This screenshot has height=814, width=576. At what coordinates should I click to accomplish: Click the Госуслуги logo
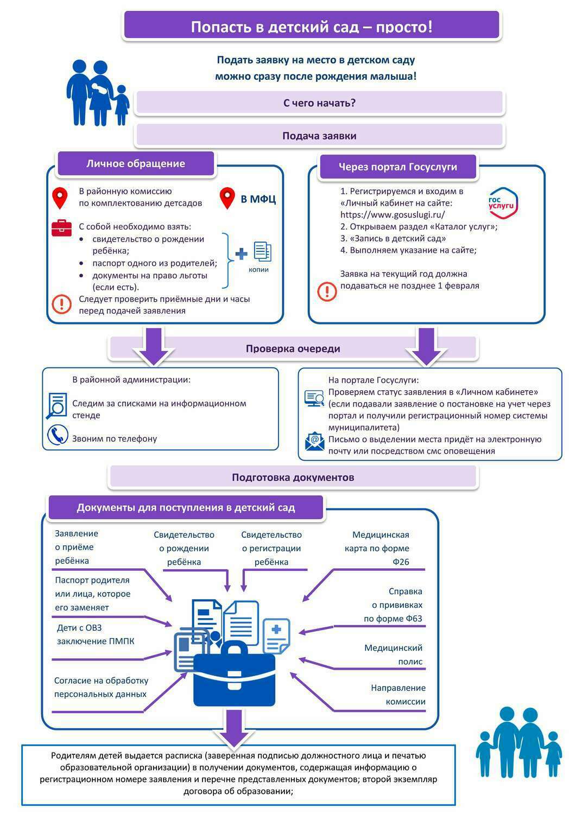pyautogui.click(x=503, y=203)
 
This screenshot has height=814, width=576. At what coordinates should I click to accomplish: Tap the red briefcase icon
pyautogui.click(x=61, y=228)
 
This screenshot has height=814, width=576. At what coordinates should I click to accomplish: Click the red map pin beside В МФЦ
pyautogui.click(x=227, y=198)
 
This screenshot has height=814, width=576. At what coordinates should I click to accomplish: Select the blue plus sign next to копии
pyautogui.click(x=241, y=253)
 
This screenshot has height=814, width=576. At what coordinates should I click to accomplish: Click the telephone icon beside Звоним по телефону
pyautogui.click(x=58, y=435)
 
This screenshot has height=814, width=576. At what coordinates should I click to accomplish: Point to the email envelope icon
pyautogui.click(x=314, y=441)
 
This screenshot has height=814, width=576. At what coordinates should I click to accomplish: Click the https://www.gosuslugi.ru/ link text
pyautogui.click(x=393, y=214)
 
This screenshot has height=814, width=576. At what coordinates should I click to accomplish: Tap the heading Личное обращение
pyautogui.click(x=136, y=163)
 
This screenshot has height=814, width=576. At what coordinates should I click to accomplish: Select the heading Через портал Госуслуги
pyautogui.click(x=398, y=167)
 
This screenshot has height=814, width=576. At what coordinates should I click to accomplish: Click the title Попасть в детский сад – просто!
pyautogui.click(x=312, y=27)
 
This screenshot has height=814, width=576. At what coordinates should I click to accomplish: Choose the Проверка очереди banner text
pyautogui.click(x=293, y=348)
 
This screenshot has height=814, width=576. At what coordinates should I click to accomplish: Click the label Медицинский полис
pyautogui.click(x=394, y=654)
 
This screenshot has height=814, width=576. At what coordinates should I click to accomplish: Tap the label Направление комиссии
pyautogui.click(x=398, y=695)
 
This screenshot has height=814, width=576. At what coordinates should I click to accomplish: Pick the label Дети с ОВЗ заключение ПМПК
pyautogui.click(x=96, y=634)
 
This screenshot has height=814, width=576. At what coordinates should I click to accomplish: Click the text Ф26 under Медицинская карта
pyautogui.click(x=401, y=562)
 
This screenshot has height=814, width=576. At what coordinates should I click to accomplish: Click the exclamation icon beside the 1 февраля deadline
pyautogui.click(x=327, y=291)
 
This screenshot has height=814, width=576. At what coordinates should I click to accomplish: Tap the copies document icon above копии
pyautogui.click(x=263, y=251)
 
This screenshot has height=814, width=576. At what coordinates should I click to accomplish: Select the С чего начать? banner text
pyautogui.click(x=319, y=103)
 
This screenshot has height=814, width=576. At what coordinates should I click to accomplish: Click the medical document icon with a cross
pyautogui.click(x=276, y=636)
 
